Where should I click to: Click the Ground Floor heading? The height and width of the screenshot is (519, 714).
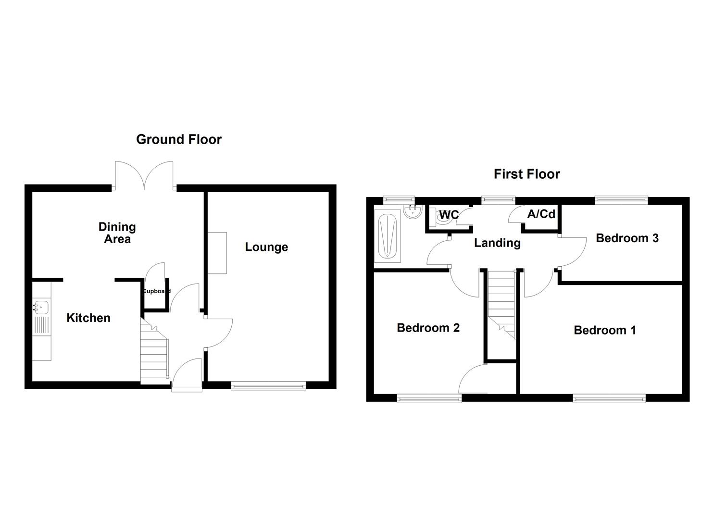tap(179, 139)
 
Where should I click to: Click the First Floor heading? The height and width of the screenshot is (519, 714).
tap(526, 174)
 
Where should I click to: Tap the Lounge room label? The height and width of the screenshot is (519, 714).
tap(266, 247)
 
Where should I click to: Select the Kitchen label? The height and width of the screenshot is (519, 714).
tap(88, 318)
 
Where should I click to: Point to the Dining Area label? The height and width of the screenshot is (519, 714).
tap(117, 233)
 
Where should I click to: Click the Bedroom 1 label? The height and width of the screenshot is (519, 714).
tap(605, 330)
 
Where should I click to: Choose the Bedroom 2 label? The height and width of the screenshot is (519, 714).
tap(428, 328)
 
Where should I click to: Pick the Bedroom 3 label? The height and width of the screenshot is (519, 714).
tap(627, 238)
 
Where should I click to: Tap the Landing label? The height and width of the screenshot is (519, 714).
tap(497, 243)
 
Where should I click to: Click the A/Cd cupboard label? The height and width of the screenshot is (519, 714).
tap(541, 214)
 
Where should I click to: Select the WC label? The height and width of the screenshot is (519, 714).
tap(449, 215)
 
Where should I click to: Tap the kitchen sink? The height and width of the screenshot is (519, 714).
tap(41, 306)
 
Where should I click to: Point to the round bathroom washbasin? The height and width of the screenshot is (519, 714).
tap(413, 212)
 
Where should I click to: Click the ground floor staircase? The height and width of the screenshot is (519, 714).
tap(154, 350)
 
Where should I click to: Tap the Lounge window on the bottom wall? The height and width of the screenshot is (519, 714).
tap(268, 384)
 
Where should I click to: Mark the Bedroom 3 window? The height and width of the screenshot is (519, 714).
tap(621, 198)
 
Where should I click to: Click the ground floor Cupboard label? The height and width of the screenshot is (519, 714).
tap(155, 291)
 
